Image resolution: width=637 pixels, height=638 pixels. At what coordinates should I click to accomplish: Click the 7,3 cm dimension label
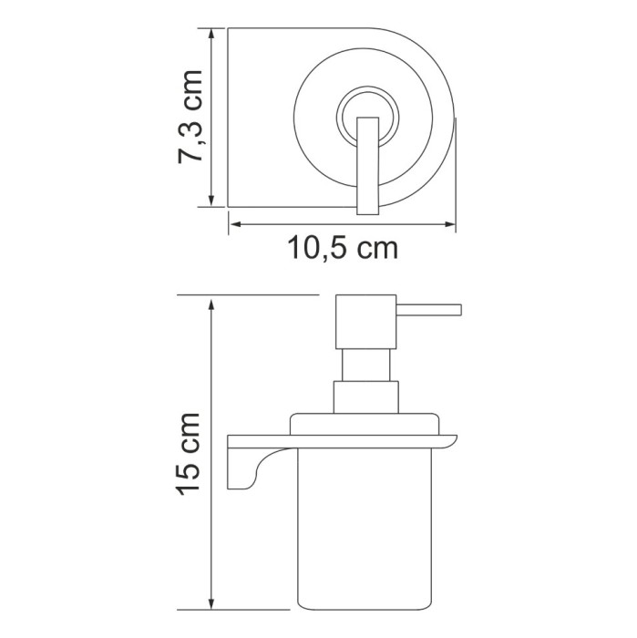(x=190, y=117)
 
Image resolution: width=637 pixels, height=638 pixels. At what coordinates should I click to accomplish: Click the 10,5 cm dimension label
(x=343, y=247)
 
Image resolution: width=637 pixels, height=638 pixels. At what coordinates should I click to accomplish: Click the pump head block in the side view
(x=366, y=320)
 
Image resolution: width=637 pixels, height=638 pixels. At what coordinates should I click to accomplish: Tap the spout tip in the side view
(x=458, y=306)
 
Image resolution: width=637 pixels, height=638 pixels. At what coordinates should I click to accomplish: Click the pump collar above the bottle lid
(x=366, y=397)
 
